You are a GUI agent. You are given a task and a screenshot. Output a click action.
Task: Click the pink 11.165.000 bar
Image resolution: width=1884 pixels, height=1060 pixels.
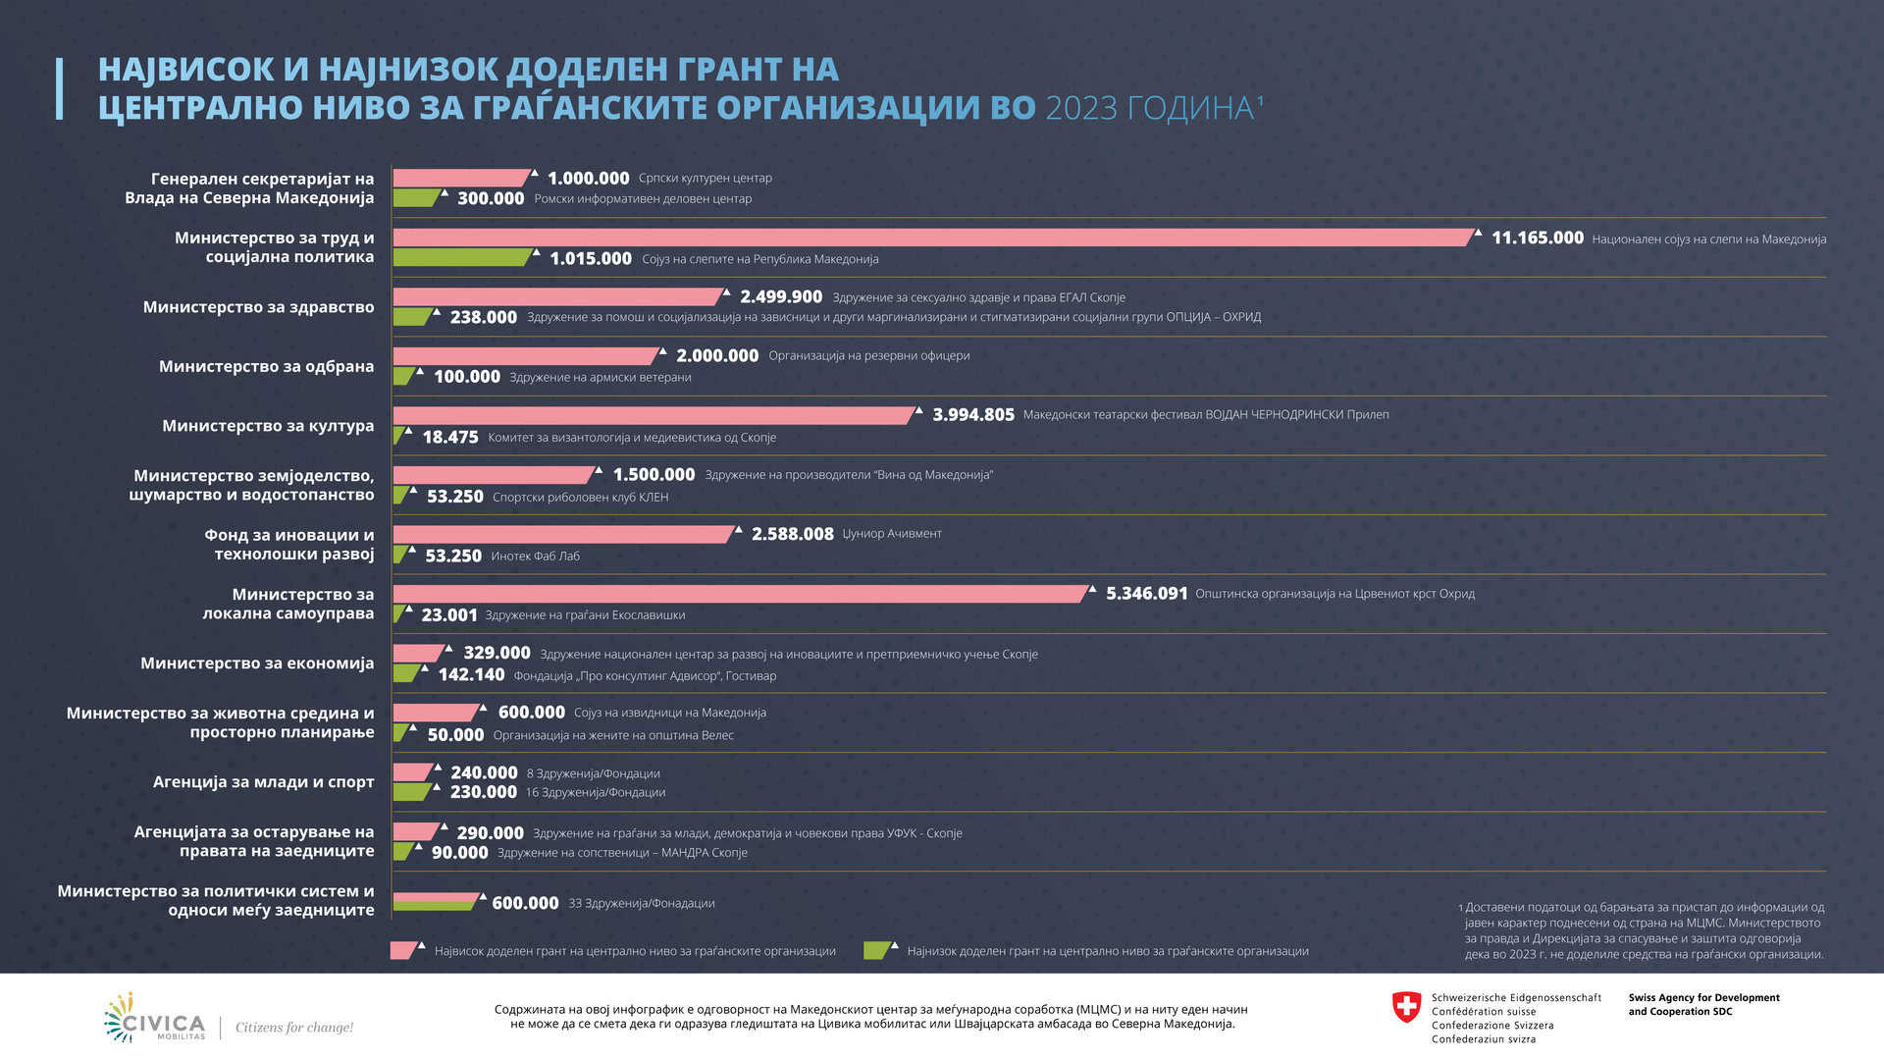click(x=932, y=238)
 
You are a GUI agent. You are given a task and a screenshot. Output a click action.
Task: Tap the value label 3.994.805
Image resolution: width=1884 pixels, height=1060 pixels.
click(x=972, y=415)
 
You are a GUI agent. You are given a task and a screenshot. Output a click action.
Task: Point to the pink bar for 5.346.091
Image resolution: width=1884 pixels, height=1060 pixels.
click(x=741, y=594)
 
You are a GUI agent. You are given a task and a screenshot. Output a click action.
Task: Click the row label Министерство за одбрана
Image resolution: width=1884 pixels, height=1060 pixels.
click(x=266, y=367)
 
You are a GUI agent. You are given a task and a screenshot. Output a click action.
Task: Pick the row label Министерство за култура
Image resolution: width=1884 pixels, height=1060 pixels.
click(x=268, y=426)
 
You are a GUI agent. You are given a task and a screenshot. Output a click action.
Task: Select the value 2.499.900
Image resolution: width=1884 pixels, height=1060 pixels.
click(x=781, y=297)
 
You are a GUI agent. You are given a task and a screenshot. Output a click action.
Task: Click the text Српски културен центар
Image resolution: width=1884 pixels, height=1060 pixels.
click(x=705, y=179)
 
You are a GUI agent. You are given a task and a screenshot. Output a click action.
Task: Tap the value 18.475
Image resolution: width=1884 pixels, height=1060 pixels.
click(x=450, y=438)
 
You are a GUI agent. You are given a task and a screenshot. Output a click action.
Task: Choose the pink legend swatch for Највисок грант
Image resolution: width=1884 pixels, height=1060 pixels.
click(x=403, y=950)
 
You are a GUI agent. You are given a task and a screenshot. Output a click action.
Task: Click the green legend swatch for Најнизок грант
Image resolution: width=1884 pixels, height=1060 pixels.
click(x=876, y=950)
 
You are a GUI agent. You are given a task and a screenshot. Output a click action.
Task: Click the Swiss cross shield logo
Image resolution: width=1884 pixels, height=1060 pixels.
click(x=1406, y=1007)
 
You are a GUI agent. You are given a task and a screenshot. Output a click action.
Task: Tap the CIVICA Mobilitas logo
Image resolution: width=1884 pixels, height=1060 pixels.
click(x=155, y=1019)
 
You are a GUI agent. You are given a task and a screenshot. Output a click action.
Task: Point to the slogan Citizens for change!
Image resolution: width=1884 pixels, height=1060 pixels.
click(x=293, y=1028)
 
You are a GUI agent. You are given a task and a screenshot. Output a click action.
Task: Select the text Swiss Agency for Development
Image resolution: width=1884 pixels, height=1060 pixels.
click(x=1703, y=998)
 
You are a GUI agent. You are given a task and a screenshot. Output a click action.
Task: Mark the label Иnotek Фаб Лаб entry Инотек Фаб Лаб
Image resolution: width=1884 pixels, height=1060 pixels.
click(x=535, y=556)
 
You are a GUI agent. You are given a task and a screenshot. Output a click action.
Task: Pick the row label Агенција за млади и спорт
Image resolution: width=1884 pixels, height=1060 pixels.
click(x=263, y=782)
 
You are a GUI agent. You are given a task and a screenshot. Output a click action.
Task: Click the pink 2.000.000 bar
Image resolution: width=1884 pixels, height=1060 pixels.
click(x=526, y=356)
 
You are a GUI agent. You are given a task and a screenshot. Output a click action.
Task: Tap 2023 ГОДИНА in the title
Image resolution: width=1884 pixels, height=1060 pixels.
click(x=1150, y=108)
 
